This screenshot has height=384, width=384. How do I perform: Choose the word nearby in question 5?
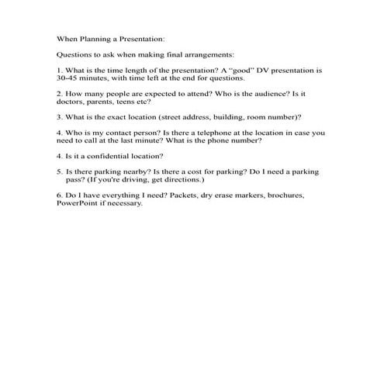click(x=129, y=171)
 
